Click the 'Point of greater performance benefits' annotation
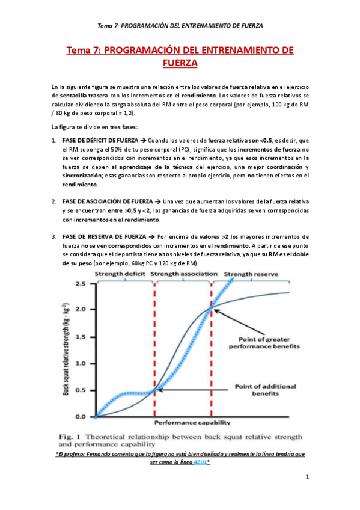point(270,343)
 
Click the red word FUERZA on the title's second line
point(180,62)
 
